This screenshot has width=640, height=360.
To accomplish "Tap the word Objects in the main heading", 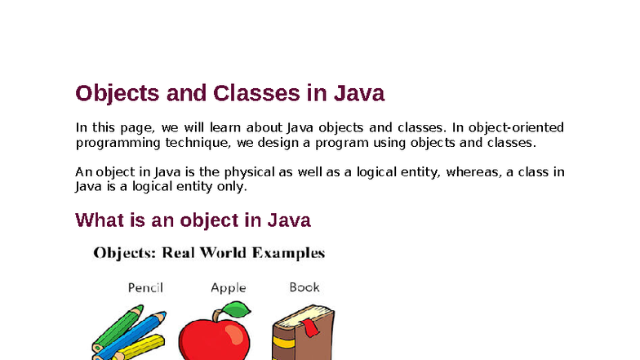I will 117,94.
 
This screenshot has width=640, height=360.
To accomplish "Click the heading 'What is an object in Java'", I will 193,220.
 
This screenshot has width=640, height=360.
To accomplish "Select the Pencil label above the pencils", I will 145,287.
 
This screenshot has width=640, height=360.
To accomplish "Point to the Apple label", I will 228,287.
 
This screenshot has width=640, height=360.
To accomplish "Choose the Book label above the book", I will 304,287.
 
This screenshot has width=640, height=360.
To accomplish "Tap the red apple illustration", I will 215,337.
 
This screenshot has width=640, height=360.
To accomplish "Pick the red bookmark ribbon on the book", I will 311,329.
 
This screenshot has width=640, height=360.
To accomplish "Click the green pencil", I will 114,327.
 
